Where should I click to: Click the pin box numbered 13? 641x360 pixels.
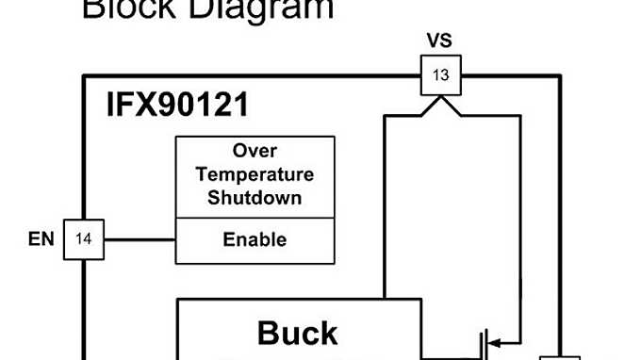pyautogui.click(x=440, y=74)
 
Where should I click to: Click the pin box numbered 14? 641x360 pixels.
pyautogui.click(x=83, y=239)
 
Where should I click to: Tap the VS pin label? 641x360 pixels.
pyautogui.click(x=440, y=41)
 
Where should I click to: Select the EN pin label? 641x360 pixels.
pyautogui.click(x=41, y=239)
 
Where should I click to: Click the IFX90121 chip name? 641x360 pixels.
pyautogui.click(x=177, y=105)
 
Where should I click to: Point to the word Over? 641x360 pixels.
pyautogui.click(x=255, y=152)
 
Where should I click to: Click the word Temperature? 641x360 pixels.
pyautogui.click(x=255, y=174)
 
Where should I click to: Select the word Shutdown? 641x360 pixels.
pyautogui.click(x=255, y=197)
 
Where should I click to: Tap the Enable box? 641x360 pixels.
pyautogui.click(x=255, y=239)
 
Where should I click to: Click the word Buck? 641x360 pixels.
pyautogui.click(x=297, y=334)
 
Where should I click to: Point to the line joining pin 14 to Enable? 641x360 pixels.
pyautogui.click(x=140, y=239)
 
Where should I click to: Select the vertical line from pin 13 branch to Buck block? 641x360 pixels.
pyautogui.click(x=384, y=207)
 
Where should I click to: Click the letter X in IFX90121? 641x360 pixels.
pyautogui.click(x=149, y=105)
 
